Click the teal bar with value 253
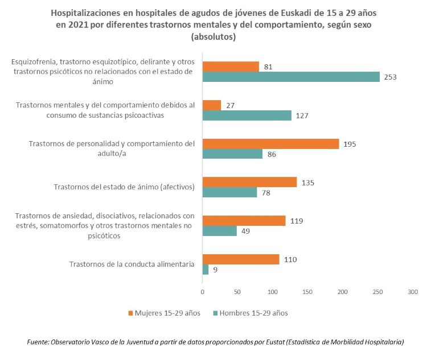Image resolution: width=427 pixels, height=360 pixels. tap(291, 77)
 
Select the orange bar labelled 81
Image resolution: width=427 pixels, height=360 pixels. tap(231, 67)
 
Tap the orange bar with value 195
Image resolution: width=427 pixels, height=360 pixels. tap(270, 144)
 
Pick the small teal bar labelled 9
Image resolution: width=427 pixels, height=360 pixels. tap(206, 270)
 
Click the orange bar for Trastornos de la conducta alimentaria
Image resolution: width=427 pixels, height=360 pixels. tap(241, 259)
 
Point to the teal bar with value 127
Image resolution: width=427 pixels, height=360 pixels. tap(247, 115)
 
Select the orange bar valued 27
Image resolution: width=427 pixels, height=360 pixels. tap(212, 105)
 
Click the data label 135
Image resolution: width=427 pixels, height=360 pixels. tap(308, 183)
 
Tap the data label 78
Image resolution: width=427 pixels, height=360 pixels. tap(266, 193)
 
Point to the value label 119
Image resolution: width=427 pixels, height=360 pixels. tap(297, 221)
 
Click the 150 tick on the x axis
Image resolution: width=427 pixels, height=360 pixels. tap(307, 292)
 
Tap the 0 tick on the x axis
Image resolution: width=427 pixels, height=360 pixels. tap(203, 292)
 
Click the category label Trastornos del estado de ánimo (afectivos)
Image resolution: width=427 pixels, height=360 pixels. tap(124, 187)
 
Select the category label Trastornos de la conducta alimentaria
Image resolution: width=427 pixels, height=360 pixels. tap(132, 264)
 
